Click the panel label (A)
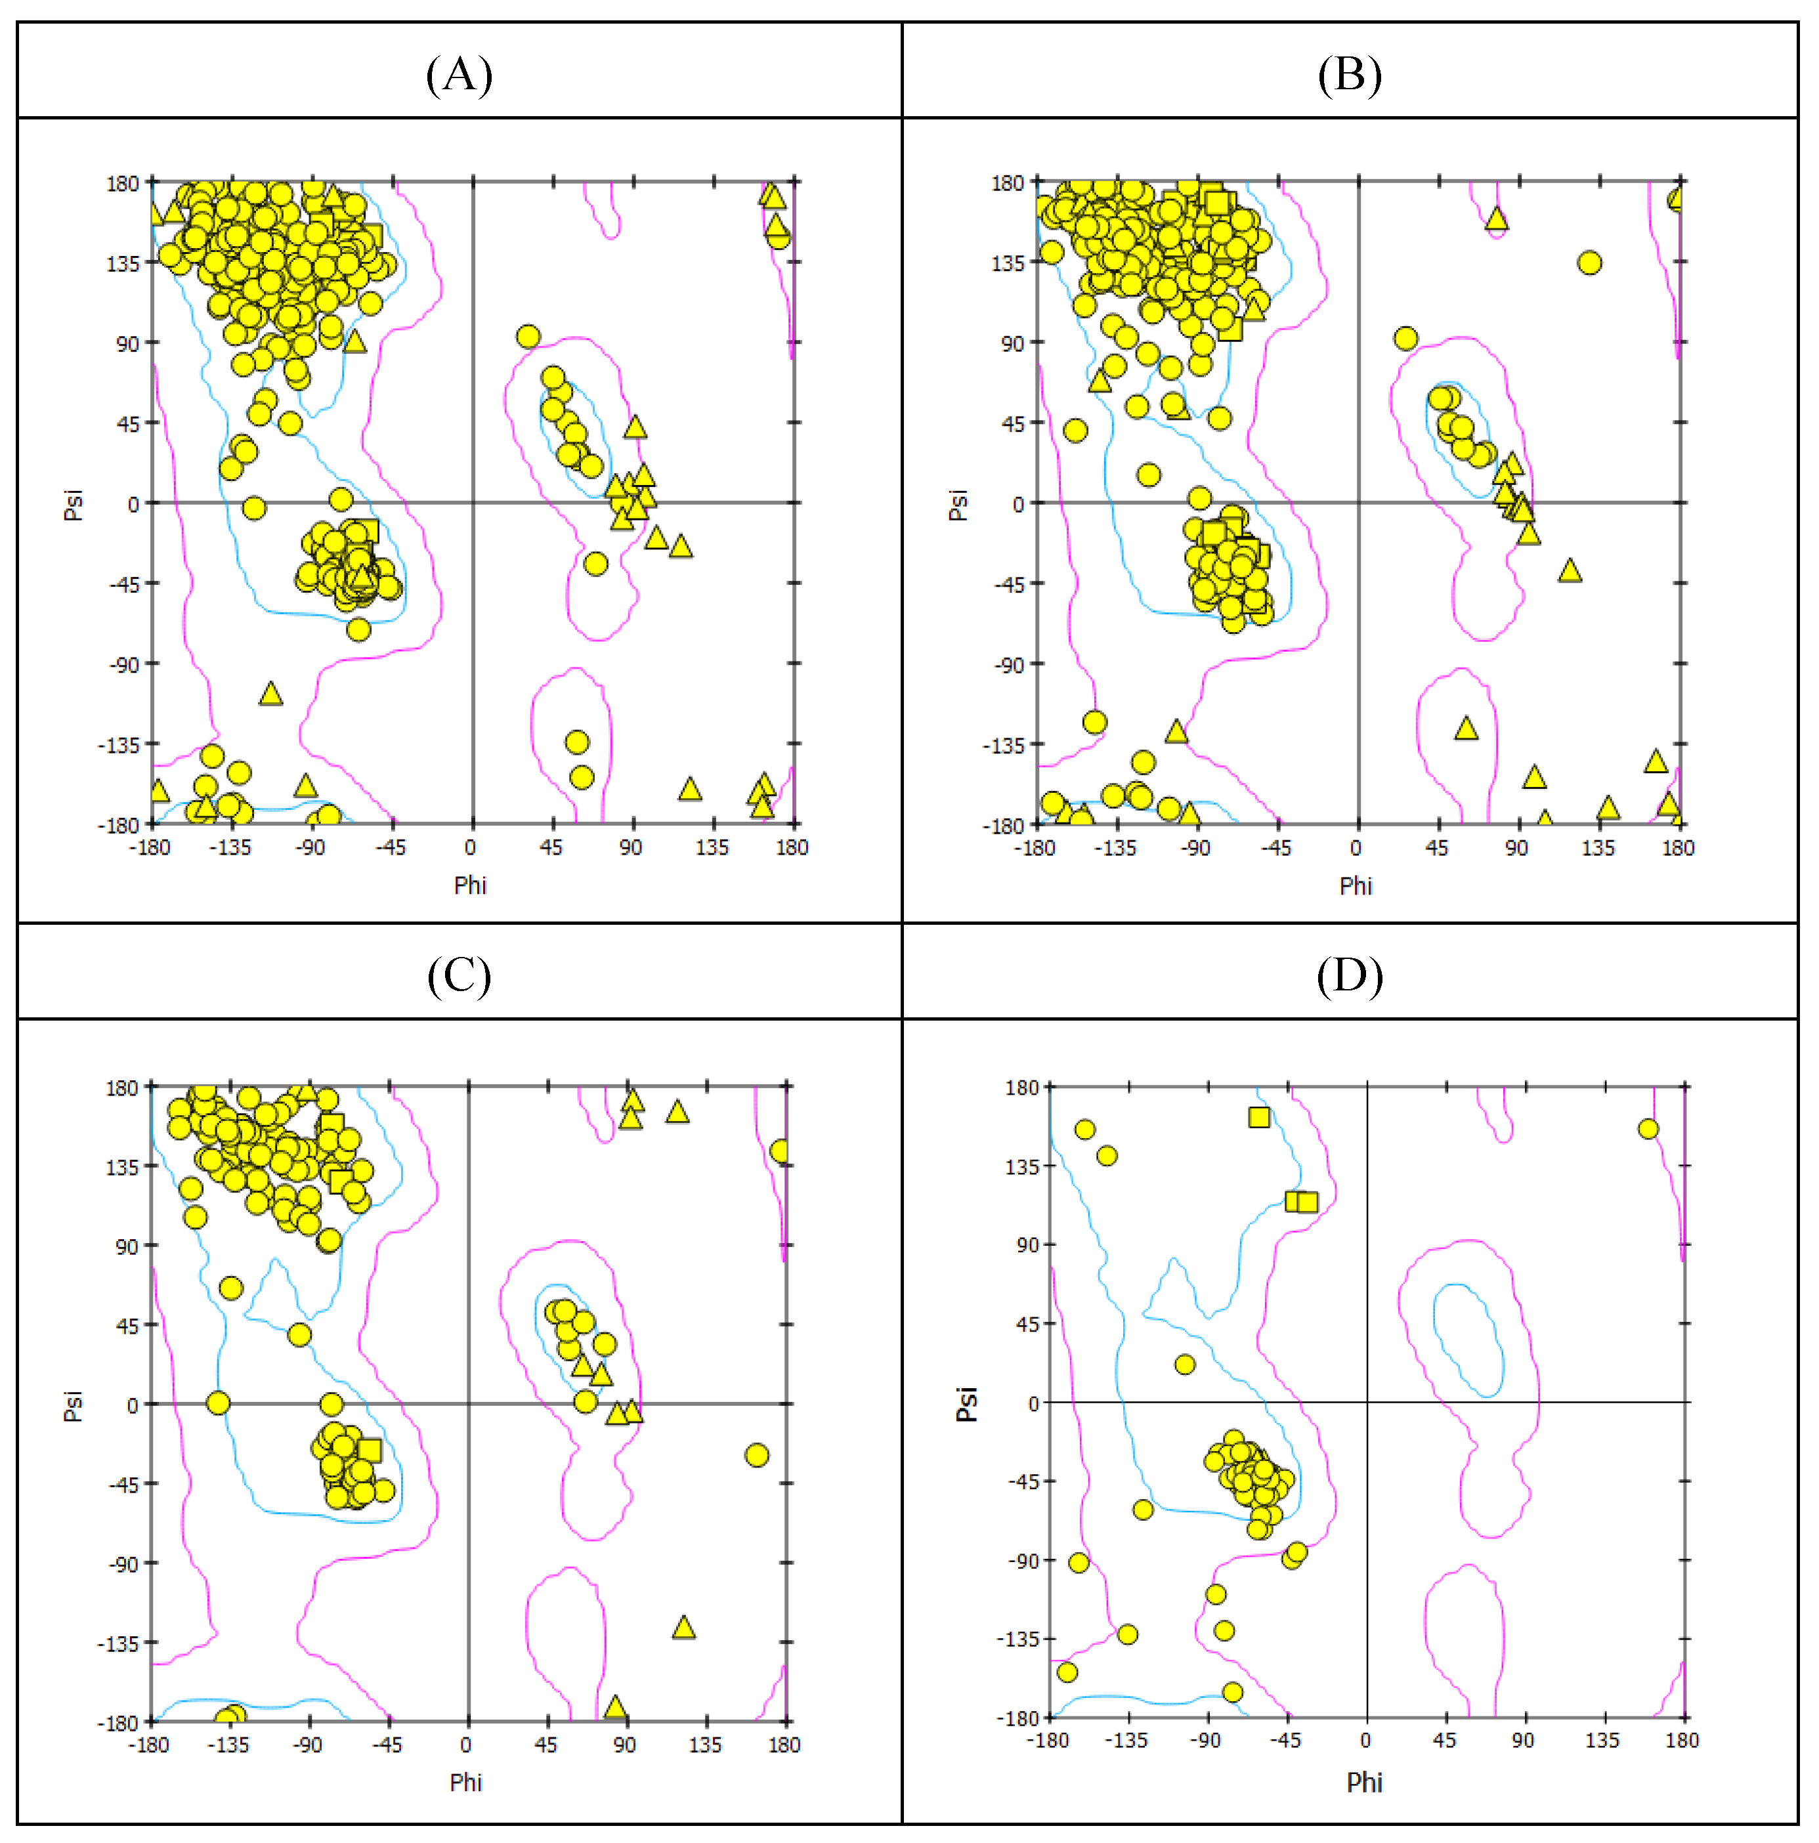tap(459, 74)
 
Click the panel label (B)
tap(1349, 74)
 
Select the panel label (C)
tap(459, 975)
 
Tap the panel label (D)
tap(1349, 975)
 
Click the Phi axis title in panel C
tap(465, 1782)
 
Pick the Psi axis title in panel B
tap(958, 505)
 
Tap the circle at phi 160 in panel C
tap(756, 1454)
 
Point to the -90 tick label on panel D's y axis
tap(1023, 1561)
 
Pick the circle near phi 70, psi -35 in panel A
tap(596, 564)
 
